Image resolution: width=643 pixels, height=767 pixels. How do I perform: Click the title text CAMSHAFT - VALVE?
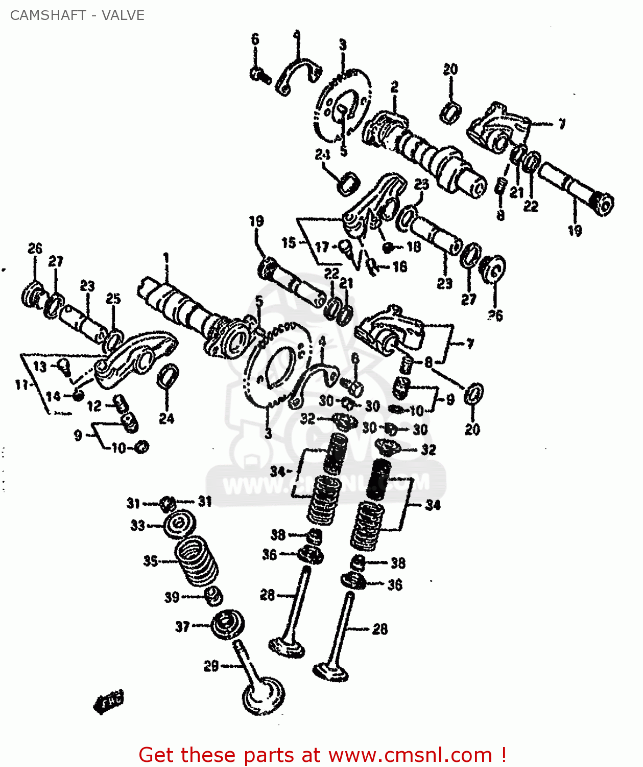[x=77, y=15]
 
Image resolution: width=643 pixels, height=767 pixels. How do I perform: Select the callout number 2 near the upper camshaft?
[x=394, y=87]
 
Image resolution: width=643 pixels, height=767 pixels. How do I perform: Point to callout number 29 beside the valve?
[x=211, y=666]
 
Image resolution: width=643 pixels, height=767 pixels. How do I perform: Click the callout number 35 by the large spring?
[x=150, y=561]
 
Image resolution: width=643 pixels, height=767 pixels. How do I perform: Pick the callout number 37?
[x=182, y=626]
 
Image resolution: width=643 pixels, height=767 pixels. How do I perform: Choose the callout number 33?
[x=138, y=525]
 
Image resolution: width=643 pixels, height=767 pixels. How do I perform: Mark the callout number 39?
[x=172, y=597]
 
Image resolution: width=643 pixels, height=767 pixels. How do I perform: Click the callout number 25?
[x=113, y=299]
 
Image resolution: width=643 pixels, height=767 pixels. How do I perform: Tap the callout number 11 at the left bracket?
[x=21, y=385]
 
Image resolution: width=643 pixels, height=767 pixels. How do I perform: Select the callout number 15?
[x=289, y=242]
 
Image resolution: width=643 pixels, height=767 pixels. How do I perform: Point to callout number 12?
[x=94, y=406]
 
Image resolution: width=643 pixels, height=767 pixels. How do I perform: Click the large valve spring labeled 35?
[x=196, y=561]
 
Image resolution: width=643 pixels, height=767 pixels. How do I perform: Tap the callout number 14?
[x=53, y=396]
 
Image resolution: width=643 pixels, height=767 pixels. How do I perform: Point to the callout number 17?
[x=322, y=247]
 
